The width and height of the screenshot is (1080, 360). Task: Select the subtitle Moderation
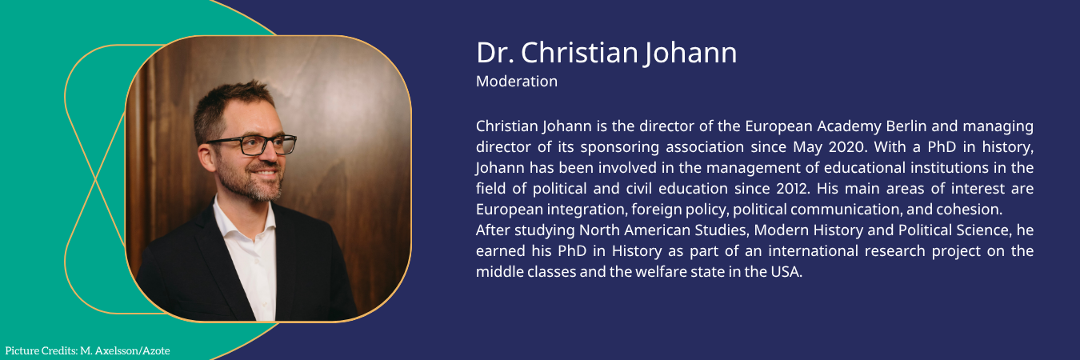coord(516,81)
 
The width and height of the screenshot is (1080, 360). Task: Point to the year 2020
coord(847,146)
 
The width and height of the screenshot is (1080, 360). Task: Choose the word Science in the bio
coord(982,230)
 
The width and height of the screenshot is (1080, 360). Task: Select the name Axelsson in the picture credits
coord(118,351)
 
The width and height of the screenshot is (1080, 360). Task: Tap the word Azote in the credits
coord(157,351)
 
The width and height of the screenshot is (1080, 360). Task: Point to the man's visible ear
coord(208,158)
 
